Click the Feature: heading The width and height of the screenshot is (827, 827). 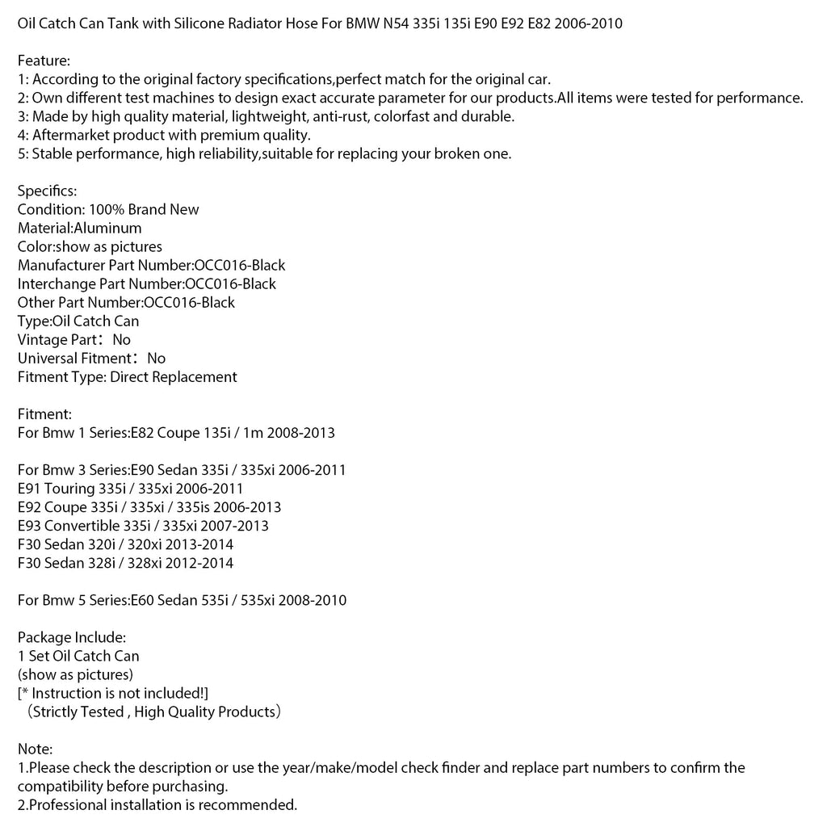coord(44,61)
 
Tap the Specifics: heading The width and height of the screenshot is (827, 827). coord(47,191)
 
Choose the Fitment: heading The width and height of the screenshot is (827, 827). coord(44,413)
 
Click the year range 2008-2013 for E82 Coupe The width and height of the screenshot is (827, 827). coord(297,432)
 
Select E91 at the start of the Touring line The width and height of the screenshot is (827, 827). coord(30,488)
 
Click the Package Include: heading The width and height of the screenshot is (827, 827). coord(71,636)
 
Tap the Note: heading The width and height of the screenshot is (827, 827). coord(35,749)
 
